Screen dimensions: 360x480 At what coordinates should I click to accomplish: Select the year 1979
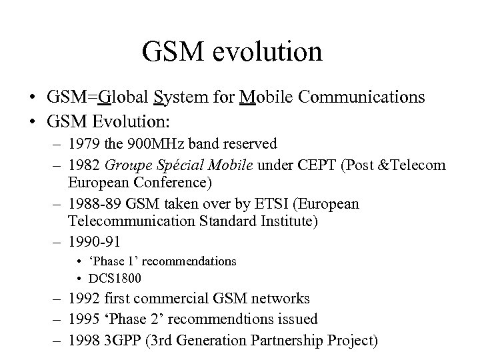tap(82, 144)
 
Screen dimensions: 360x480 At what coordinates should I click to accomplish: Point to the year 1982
tap(82, 165)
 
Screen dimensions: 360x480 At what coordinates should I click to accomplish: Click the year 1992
tap(82, 299)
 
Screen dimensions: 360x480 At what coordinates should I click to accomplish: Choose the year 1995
tap(82, 319)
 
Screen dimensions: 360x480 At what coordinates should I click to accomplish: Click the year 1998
tap(82, 341)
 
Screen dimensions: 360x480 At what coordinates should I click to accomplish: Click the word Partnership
tap(292, 341)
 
